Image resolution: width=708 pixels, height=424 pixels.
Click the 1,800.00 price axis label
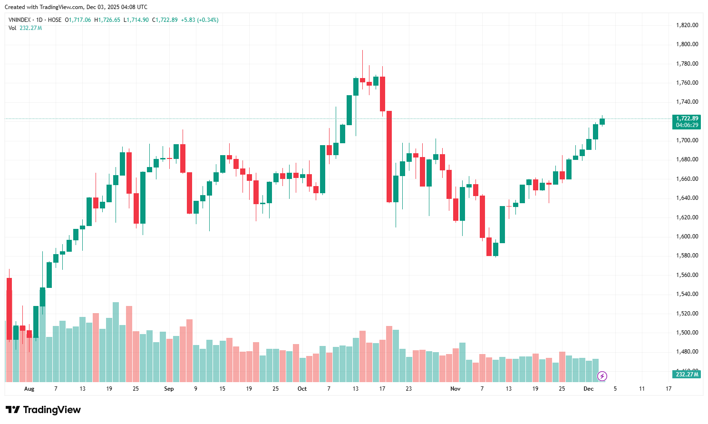click(687, 44)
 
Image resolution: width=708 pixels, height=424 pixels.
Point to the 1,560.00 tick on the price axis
click(687, 275)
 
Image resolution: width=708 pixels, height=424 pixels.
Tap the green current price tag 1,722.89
click(687, 118)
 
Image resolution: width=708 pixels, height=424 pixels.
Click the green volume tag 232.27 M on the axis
click(687, 375)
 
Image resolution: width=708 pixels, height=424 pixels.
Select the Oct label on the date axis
click(302, 389)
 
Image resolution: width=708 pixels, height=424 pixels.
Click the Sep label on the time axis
click(169, 389)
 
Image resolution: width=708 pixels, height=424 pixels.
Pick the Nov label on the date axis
click(456, 389)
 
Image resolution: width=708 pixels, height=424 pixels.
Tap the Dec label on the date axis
click(589, 389)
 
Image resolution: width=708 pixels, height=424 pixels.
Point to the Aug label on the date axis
click(29, 389)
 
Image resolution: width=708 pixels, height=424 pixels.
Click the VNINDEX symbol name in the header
click(19, 20)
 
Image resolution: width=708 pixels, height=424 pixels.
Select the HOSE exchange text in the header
click(55, 20)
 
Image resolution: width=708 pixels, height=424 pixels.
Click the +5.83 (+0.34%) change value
click(200, 20)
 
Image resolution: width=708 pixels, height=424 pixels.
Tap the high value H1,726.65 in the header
click(107, 20)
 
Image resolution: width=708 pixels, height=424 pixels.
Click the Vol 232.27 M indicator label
click(25, 28)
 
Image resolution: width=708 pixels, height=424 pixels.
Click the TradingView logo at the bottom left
click(43, 410)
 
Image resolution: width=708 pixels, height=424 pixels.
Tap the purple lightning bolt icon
click(602, 376)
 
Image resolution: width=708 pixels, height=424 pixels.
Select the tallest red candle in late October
click(389, 157)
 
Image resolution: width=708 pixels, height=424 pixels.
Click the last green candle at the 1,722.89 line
click(602, 121)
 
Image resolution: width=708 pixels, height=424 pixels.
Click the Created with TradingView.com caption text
click(76, 7)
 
